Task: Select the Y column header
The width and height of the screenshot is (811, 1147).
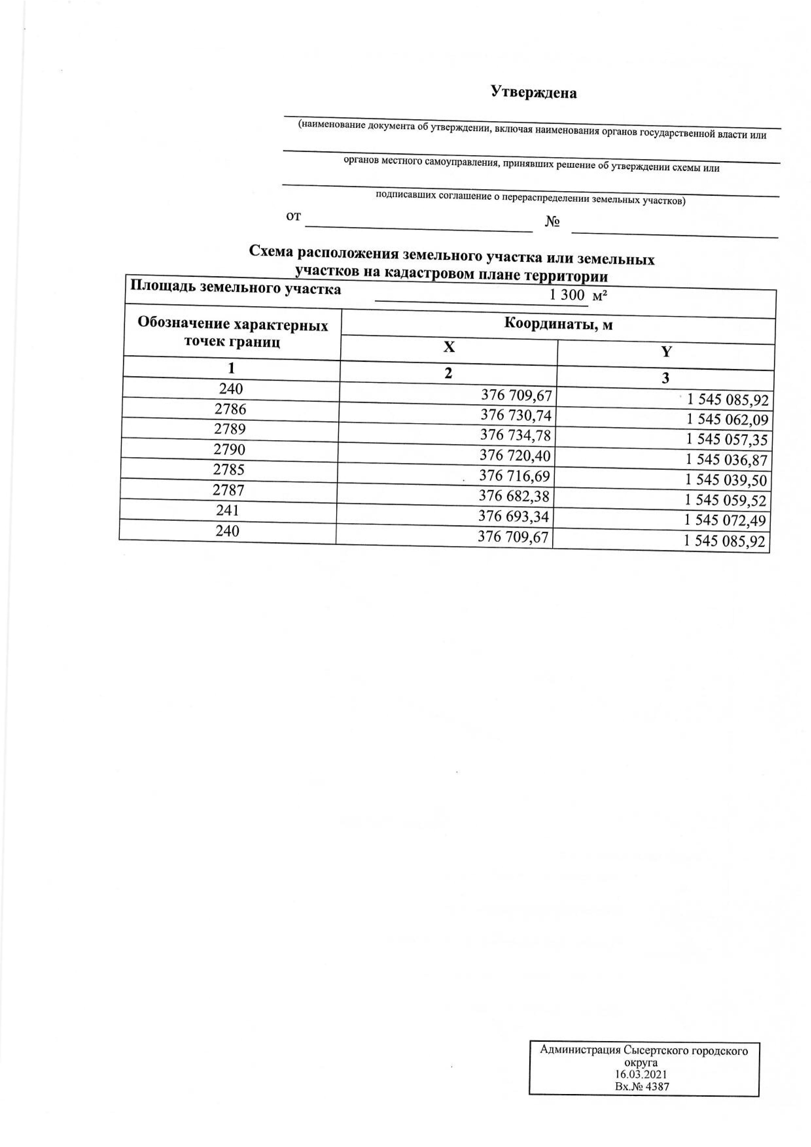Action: point(666,352)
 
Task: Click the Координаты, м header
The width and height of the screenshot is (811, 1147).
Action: point(558,324)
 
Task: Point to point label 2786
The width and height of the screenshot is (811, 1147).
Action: point(230,409)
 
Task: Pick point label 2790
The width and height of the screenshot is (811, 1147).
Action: point(229,450)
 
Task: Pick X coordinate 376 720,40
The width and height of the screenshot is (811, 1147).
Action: point(515,455)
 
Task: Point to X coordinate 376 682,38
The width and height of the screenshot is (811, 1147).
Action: point(514,496)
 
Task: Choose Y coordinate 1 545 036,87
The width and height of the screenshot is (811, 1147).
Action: point(726,460)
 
